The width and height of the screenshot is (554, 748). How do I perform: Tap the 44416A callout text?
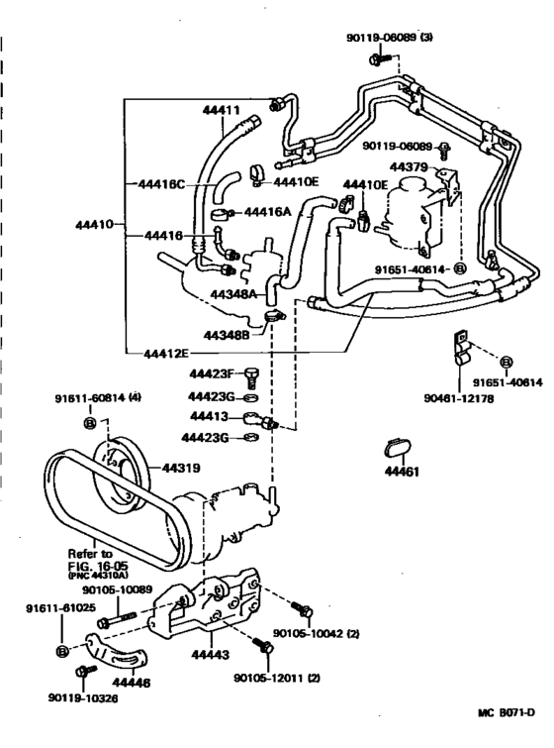tap(268, 211)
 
